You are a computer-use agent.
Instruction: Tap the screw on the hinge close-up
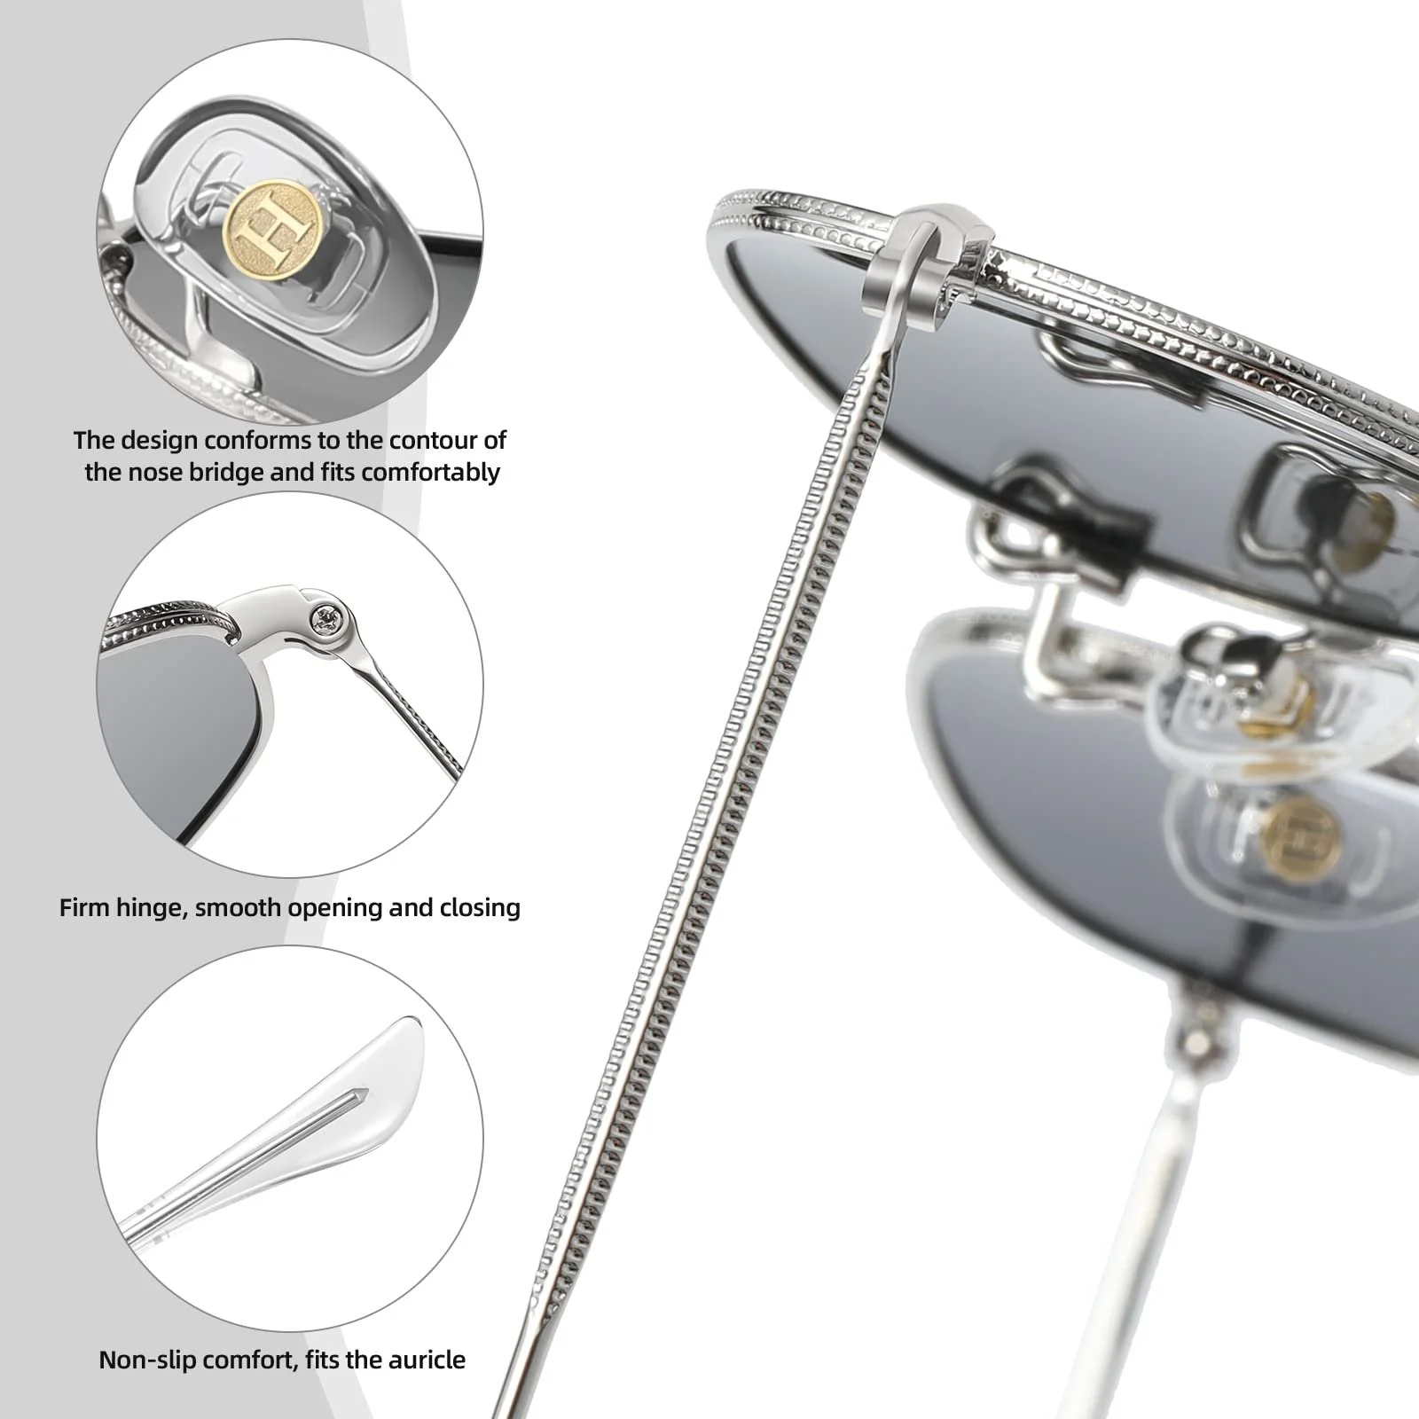(x=327, y=618)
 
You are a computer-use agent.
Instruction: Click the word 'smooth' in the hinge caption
(x=231, y=907)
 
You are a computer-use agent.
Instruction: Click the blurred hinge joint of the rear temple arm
(x=1198, y=1029)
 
